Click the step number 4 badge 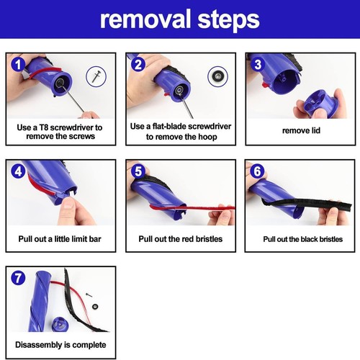tap(19, 171)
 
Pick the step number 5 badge tap(139, 171)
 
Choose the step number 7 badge tap(19, 278)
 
